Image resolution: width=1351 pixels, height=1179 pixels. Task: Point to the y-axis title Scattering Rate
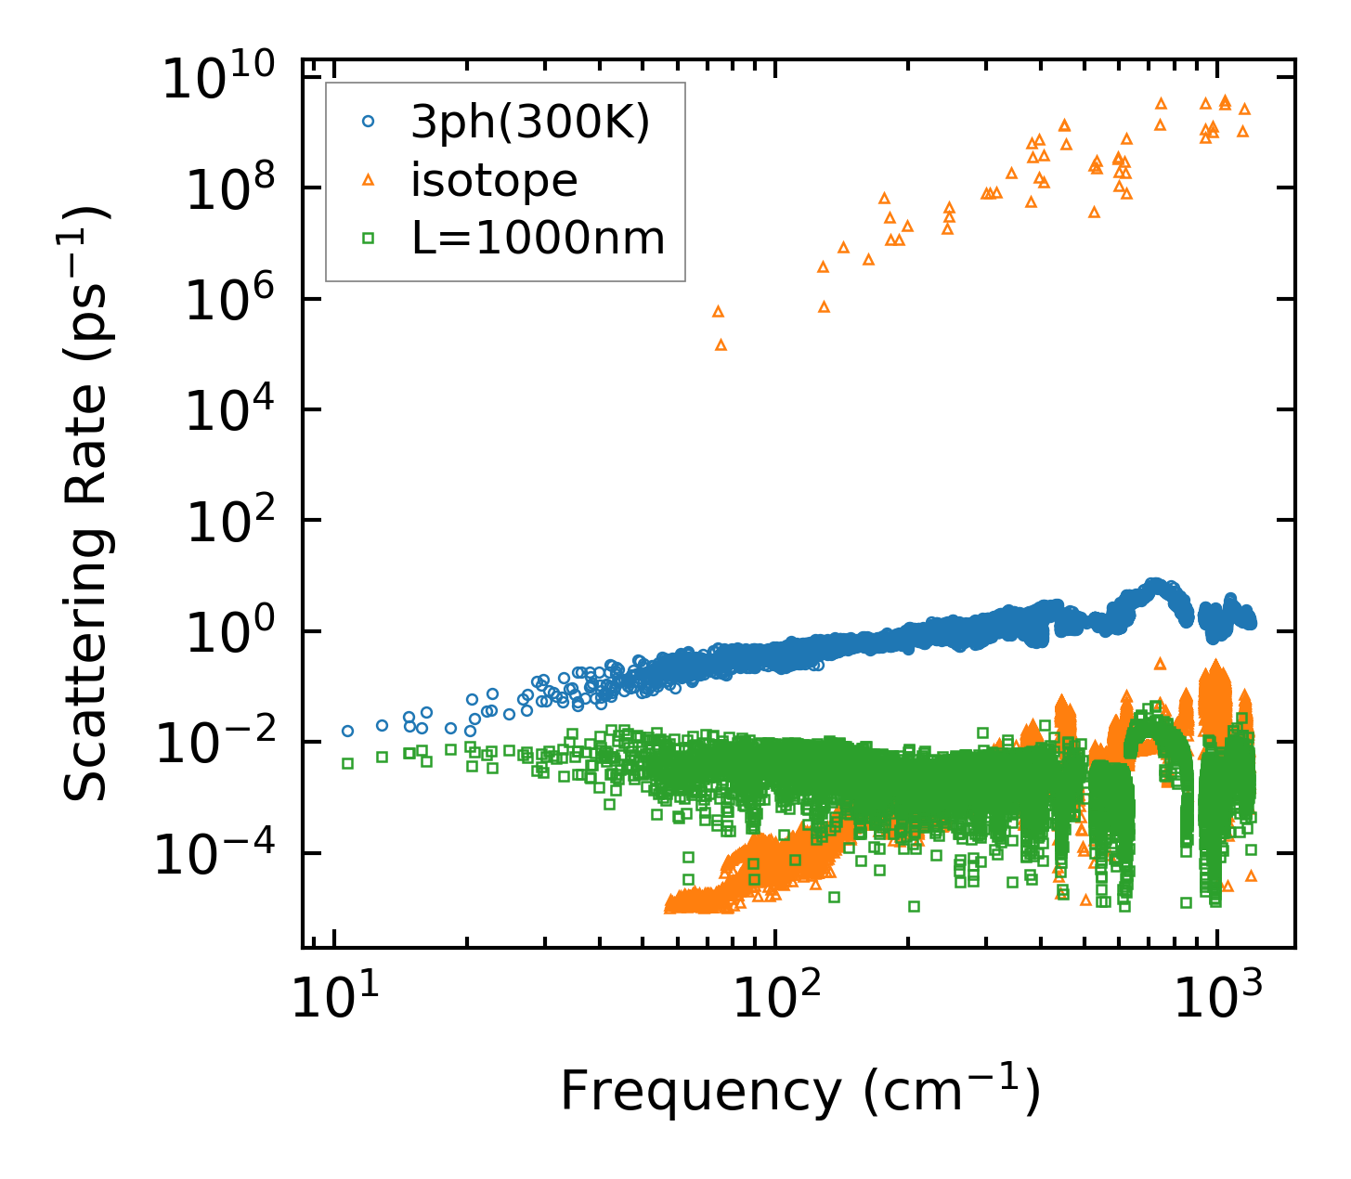point(85,501)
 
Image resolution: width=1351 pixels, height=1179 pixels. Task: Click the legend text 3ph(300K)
point(530,122)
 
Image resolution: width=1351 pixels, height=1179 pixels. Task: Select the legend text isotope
point(494,180)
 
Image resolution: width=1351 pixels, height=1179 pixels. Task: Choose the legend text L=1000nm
point(539,239)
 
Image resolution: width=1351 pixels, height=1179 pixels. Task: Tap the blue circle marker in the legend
point(368,121)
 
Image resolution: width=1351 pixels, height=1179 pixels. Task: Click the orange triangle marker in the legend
point(368,179)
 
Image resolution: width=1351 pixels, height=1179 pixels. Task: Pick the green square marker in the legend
point(368,239)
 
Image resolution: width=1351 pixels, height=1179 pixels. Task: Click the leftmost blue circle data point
point(347,731)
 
